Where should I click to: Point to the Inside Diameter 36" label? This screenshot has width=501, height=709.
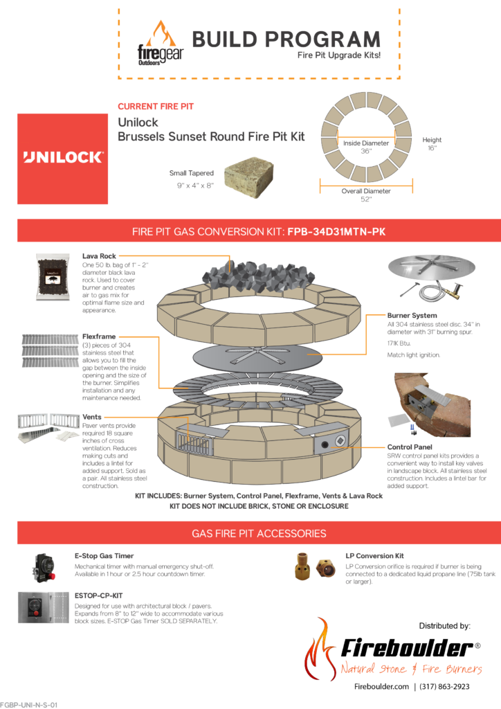coord(366,146)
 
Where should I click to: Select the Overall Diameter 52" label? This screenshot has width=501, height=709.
coord(366,195)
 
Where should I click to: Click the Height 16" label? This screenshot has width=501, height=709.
coord(432,143)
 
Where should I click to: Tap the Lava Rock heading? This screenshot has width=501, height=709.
coord(99,256)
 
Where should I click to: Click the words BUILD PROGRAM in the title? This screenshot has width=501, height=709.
coord(286,39)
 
